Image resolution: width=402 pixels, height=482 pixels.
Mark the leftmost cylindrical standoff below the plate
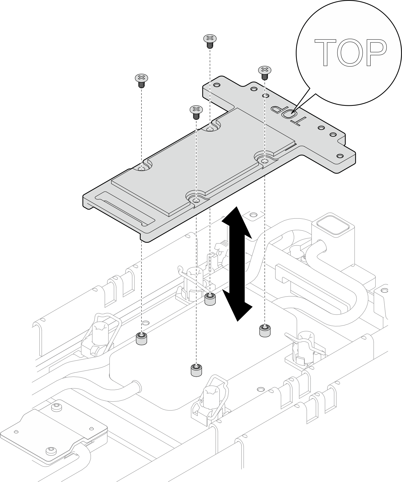coord(142,338)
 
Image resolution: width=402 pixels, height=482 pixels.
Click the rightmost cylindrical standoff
coord(265,330)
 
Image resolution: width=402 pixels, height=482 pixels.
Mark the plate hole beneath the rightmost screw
coord(265,161)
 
